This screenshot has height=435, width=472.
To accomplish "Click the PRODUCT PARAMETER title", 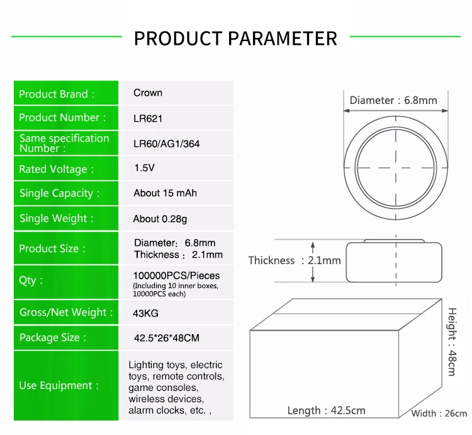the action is coord(235,38).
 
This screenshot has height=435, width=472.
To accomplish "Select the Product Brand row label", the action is coord(57,94).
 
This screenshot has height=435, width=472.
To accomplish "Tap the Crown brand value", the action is coord(148,93).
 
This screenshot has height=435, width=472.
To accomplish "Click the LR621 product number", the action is coord(148,118).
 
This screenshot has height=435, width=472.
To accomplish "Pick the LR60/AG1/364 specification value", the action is coord(166,144).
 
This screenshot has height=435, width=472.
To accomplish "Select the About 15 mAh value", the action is coord(165,193).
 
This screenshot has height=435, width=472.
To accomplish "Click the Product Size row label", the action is coord(52,248).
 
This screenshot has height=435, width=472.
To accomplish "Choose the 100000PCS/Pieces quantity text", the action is coord(176,275).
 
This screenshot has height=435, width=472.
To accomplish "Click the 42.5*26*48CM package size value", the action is coord(166,338).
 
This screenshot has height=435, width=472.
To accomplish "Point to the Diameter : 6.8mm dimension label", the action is coord(393,100).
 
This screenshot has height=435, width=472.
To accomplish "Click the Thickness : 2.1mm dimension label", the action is coord(294,260).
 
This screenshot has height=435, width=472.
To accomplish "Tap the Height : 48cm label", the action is coord(452,341).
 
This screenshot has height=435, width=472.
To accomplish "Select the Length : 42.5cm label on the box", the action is coord(326,410).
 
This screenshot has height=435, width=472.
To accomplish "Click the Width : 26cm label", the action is coord(439,414).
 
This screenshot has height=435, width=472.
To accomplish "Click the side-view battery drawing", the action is coord(393,260).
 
